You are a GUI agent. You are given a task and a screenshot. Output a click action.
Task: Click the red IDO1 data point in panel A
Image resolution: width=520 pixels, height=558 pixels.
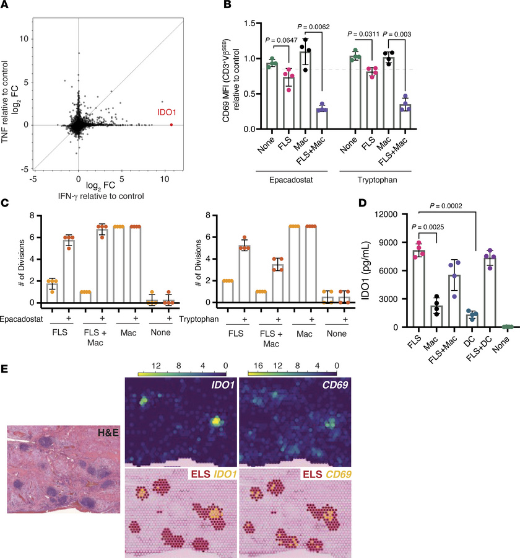click(x=171, y=125)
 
